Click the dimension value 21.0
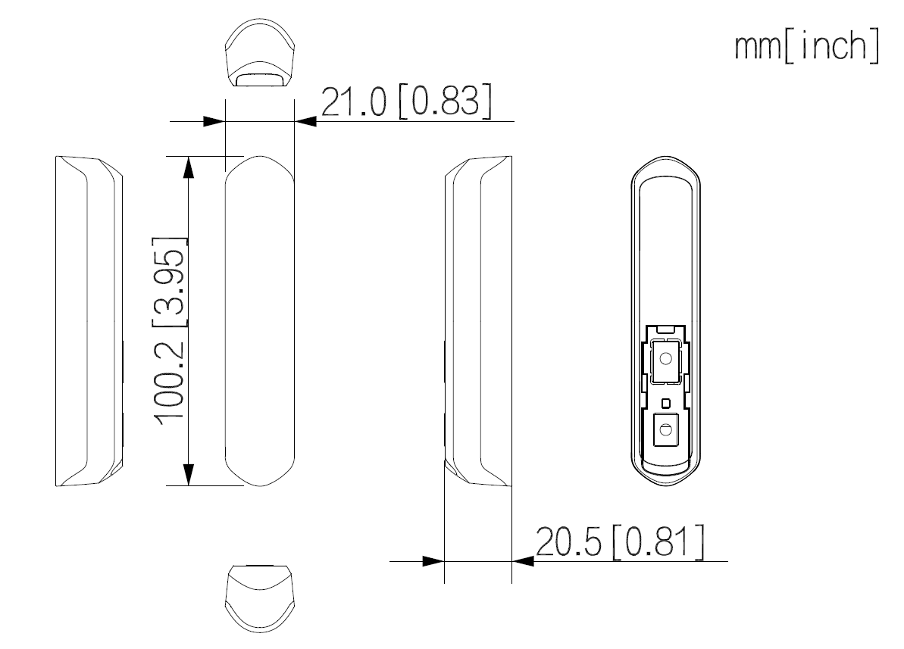click(x=354, y=103)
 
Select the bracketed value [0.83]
click(x=444, y=103)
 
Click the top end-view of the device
click(x=260, y=56)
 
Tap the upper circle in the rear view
click(x=665, y=357)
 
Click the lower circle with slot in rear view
click(x=665, y=430)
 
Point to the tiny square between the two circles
click(x=665, y=402)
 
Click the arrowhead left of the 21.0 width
click(x=215, y=121)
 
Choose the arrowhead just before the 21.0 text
click(x=305, y=121)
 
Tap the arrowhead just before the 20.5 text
click(x=524, y=561)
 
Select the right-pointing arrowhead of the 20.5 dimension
click(x=433, y=561)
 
